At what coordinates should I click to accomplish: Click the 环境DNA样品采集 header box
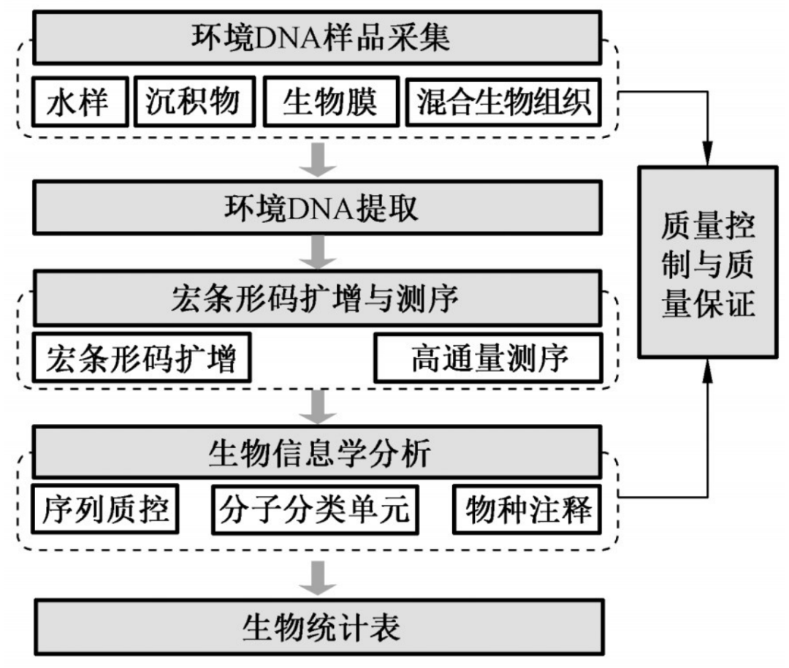319,37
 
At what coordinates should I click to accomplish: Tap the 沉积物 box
192,102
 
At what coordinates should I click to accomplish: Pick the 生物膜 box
329,102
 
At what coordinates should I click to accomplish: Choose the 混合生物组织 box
503,102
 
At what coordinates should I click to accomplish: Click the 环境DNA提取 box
319,208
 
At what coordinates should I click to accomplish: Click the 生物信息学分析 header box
319,453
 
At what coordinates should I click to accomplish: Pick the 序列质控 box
102,509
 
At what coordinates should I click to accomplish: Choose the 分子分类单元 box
314,509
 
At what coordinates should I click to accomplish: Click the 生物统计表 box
319,626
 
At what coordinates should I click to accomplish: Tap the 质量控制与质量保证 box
707,262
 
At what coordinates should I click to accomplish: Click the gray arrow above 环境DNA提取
319,159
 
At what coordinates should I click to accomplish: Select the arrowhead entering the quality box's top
706,156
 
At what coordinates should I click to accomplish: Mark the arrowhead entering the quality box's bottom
706,368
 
